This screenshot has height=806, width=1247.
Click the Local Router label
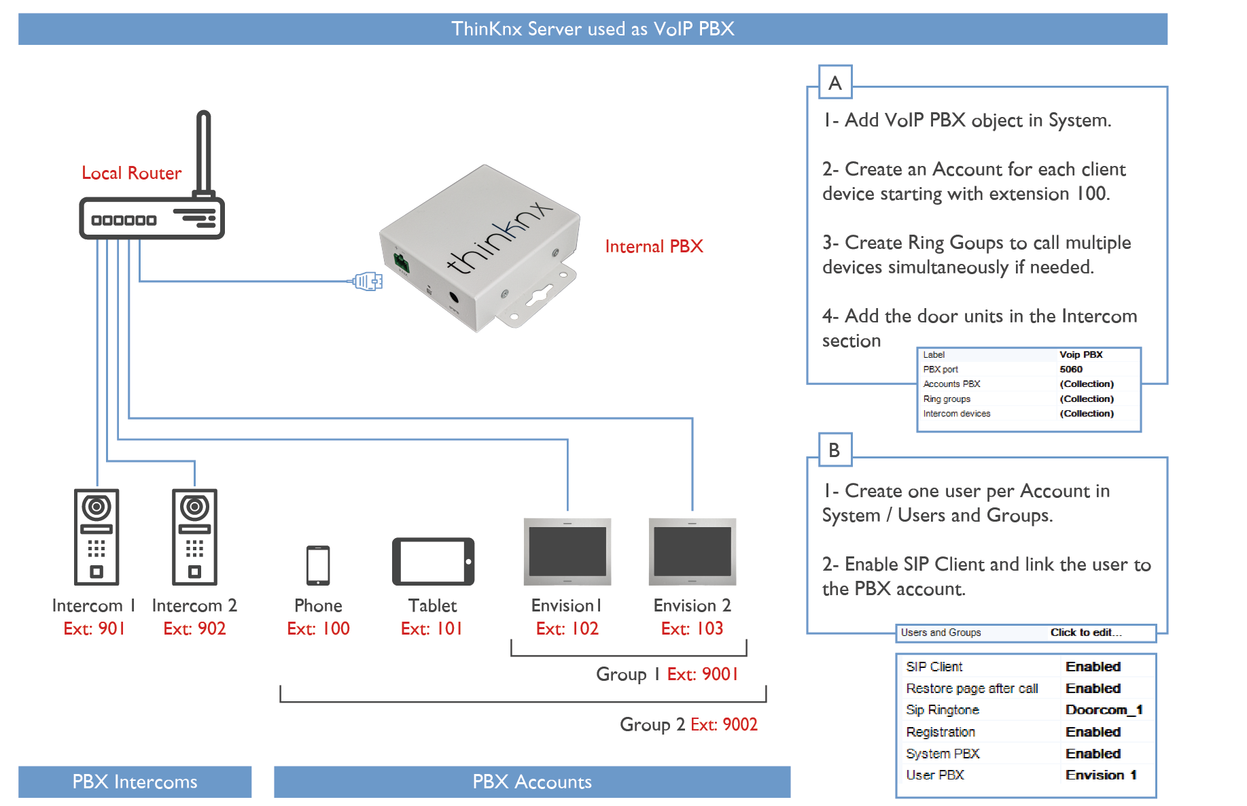coord(131,173)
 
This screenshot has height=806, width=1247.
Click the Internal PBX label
coord(654,246)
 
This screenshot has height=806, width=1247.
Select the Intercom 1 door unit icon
coord(96,537)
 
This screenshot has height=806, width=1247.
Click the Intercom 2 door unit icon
coord(194,537)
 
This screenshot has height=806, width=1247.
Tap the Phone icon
coord(318,565)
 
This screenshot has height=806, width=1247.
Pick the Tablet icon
coord(433,562)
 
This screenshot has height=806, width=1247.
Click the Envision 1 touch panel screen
coord(567,552)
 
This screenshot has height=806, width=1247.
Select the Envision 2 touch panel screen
coord(692,552)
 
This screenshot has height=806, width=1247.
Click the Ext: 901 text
coord(94,628)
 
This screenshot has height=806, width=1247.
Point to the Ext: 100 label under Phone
coord(318,628)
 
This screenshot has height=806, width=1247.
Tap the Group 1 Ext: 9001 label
coord(667,674)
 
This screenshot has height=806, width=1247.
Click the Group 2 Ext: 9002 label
coord(688,724)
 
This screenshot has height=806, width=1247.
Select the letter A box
coord(835,83)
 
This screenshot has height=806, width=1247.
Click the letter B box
coord(835,450)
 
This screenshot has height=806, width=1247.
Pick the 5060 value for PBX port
coord(1071,369)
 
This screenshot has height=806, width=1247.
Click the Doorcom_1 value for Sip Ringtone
coord(1104,710)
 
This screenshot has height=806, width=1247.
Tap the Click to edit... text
coord(1086,633)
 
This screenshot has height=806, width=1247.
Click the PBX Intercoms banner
coord(135,782)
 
